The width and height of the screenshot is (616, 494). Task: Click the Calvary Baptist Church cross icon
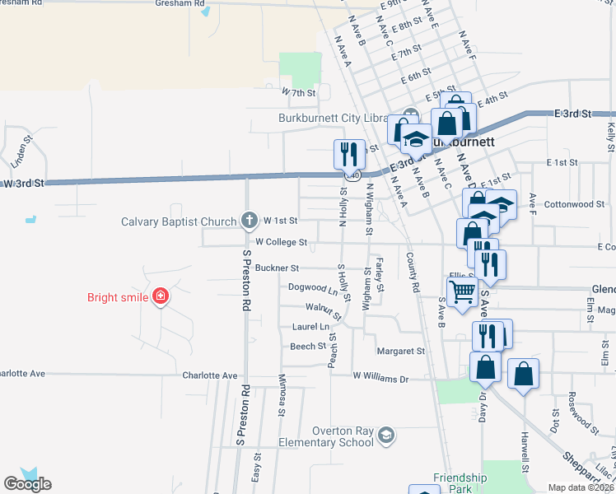tap(250, 221)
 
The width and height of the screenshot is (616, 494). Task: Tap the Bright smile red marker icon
tap(161, 297)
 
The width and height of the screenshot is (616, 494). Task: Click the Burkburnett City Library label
tap(333, 117)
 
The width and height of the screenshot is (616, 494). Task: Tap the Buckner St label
tap(277, 268)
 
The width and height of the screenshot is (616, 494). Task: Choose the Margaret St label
tap(400, 351)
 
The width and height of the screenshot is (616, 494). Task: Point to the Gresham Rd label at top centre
tap(180, 3)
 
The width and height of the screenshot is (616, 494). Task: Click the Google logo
tap(27, 483)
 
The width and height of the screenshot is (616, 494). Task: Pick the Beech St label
tap(308, 347)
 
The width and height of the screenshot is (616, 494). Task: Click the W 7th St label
tap(299, 93)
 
